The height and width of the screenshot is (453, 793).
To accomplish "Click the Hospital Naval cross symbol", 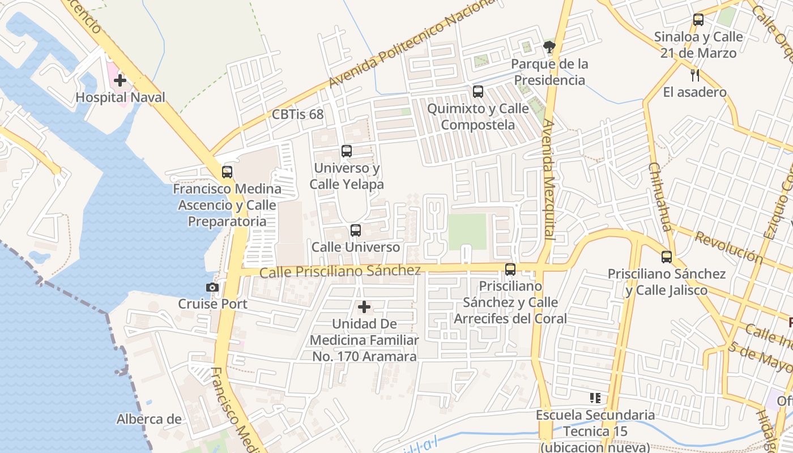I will tap(120, 80).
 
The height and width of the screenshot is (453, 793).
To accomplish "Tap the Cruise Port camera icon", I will tap(212, 288).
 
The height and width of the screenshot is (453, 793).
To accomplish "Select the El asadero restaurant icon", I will tap(695, 75).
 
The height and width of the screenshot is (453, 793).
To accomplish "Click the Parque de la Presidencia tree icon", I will tap(549, 46).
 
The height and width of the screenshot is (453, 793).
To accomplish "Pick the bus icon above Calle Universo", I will tap(356, 230).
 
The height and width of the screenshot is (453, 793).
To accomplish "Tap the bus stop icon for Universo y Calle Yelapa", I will tap(347, 151).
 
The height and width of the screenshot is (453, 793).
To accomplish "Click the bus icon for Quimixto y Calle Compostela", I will tap(478, 91).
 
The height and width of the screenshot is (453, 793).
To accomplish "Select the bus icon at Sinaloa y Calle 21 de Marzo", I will tap(698, 20).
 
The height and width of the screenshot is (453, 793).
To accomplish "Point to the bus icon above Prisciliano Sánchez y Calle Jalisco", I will tap(667, 257).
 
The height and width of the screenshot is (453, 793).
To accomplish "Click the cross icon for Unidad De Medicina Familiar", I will tap(364, 307).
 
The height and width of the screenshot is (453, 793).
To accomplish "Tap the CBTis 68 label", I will tap(298, 114).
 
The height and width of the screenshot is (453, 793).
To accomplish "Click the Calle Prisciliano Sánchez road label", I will tap(340, 271).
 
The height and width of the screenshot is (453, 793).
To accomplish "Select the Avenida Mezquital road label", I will tap(548, 178).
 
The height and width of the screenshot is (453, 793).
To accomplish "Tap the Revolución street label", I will tap(728, 247).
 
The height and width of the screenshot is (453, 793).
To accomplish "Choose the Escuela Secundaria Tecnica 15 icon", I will tap(595, 398).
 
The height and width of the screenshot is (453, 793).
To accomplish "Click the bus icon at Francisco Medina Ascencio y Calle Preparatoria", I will tap(227, 172).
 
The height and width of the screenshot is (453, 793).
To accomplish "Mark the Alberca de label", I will tap(149, 420).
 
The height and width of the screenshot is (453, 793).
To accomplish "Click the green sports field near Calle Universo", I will tap(467, 231).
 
